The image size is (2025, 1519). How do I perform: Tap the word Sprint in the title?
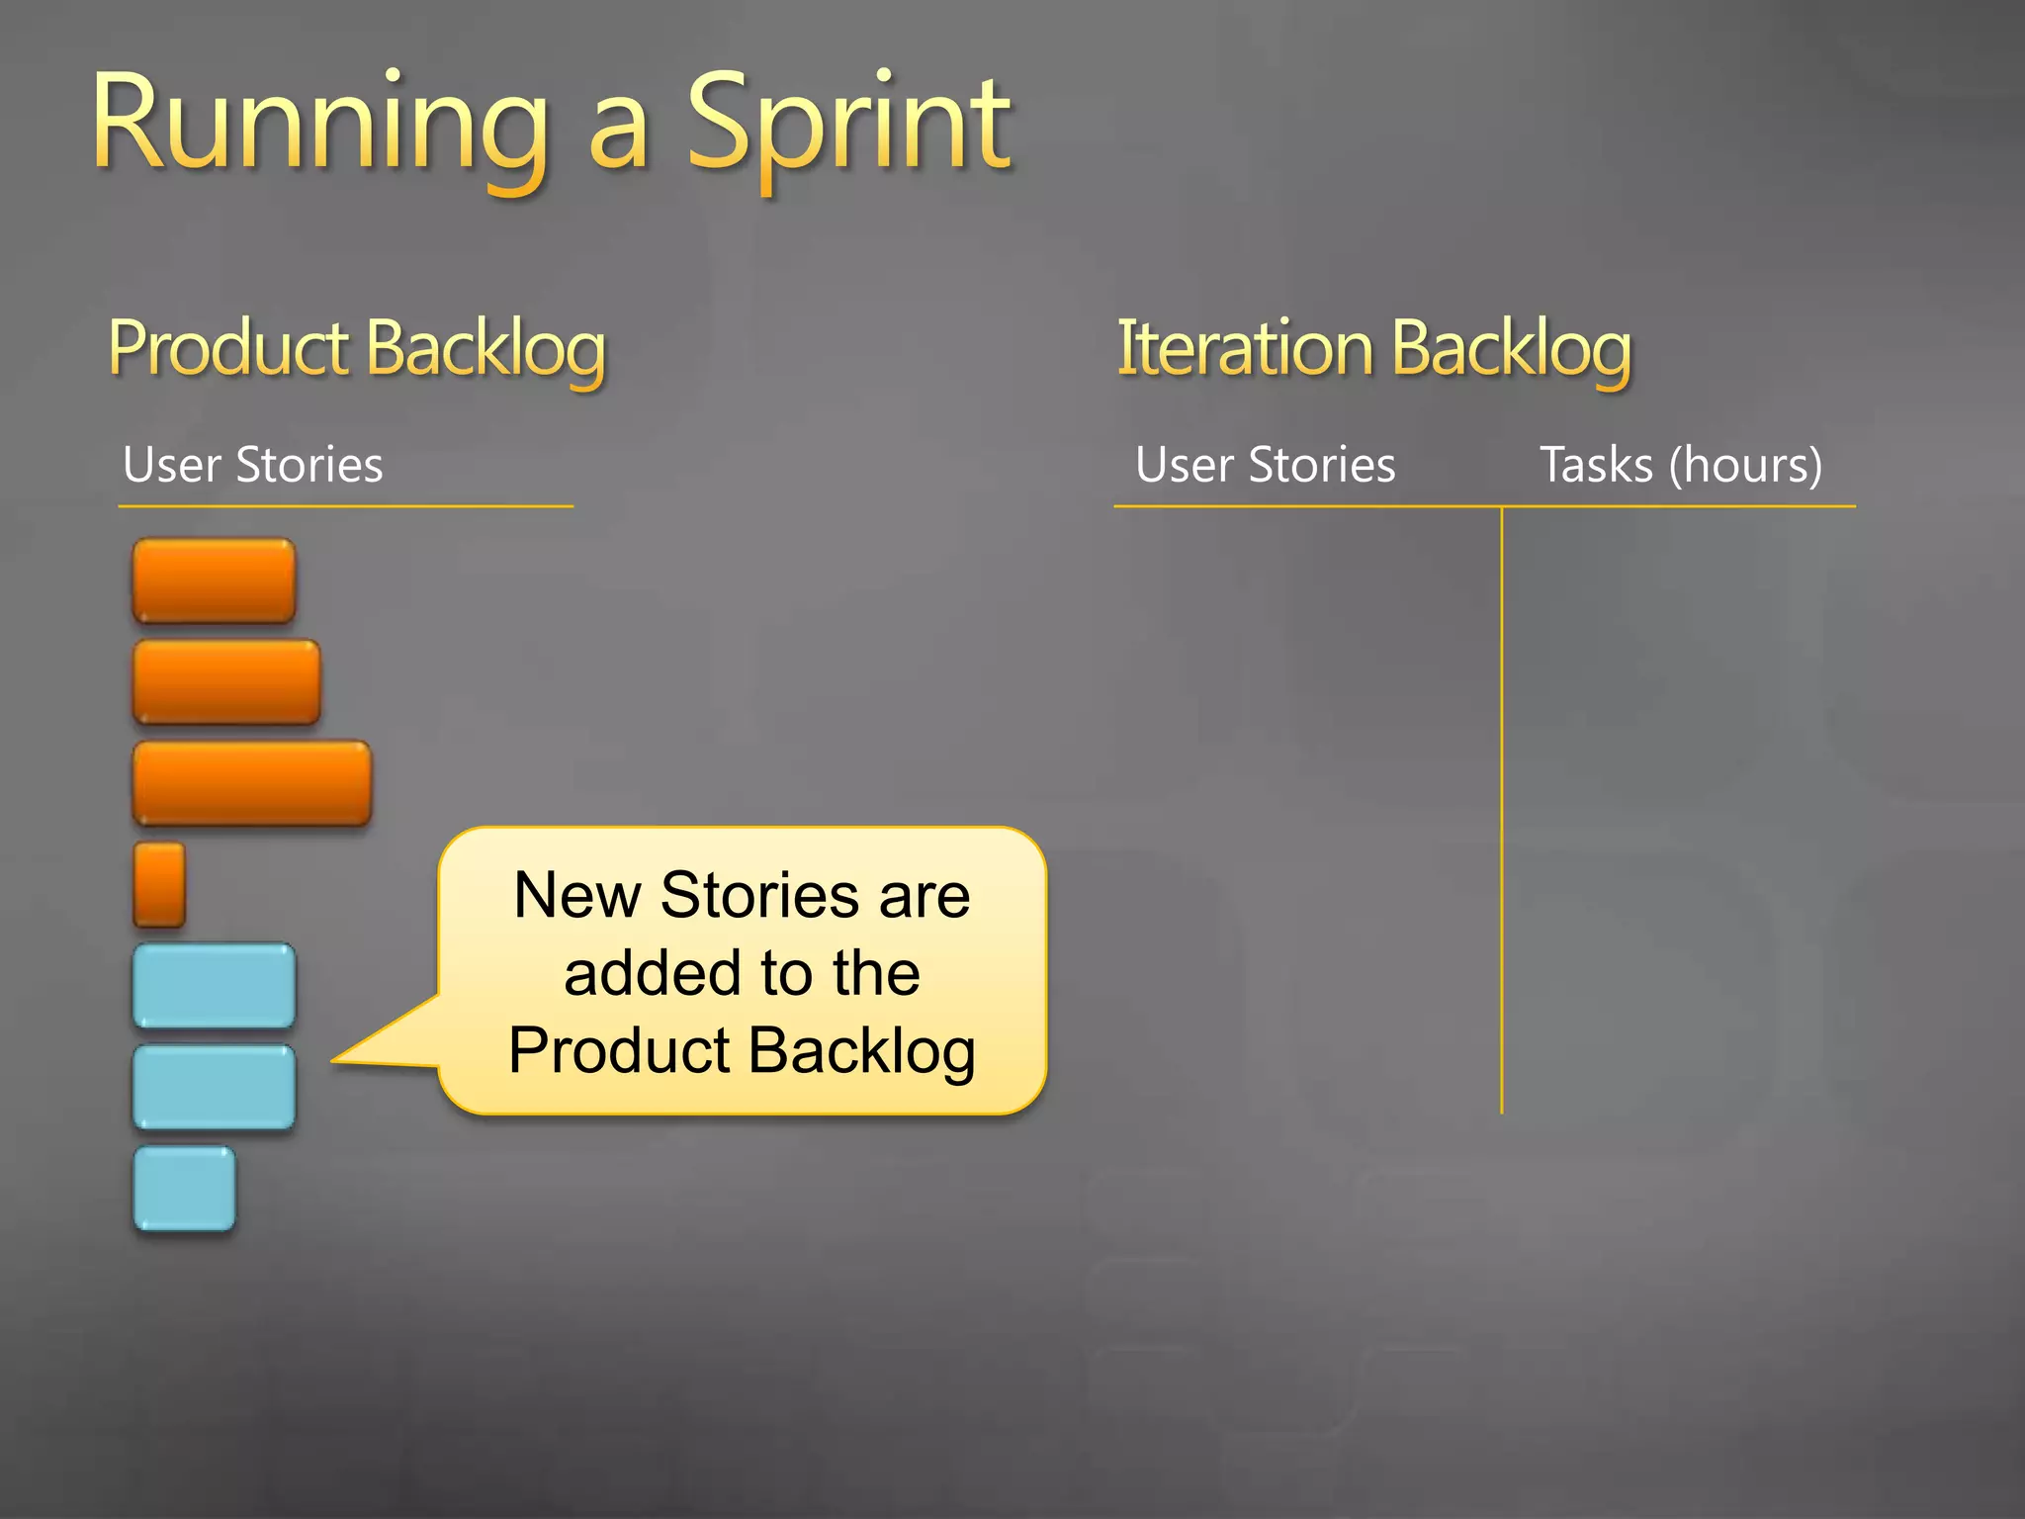coord(847,124)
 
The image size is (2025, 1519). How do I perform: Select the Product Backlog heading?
coord(357,349)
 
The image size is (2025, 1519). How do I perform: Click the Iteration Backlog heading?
coord(1373,349)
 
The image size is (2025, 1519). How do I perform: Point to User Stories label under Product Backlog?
coord(252,465)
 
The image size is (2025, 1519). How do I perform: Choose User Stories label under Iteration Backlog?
coord(1265,465)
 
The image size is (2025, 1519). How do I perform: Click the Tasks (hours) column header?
coord(1680,465)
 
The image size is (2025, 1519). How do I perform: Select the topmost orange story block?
coord(214,581)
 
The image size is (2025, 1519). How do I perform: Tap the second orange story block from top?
coord(226,682)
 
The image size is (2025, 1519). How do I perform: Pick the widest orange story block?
coord(252,783)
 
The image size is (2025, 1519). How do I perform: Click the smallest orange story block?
coord(159,885)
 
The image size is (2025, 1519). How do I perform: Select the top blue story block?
coord(214,986)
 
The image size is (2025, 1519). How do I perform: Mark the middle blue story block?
coord(214,1087)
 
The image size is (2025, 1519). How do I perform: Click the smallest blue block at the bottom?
coord(184,1188)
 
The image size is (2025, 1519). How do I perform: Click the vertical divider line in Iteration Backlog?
coord(1501,811)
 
